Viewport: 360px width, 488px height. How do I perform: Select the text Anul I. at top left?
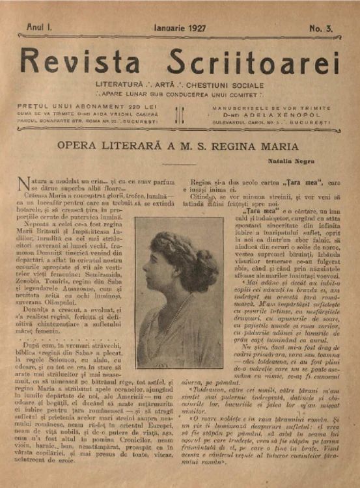(x=40, y=28)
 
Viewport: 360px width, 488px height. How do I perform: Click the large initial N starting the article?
(x=24, y=184)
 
